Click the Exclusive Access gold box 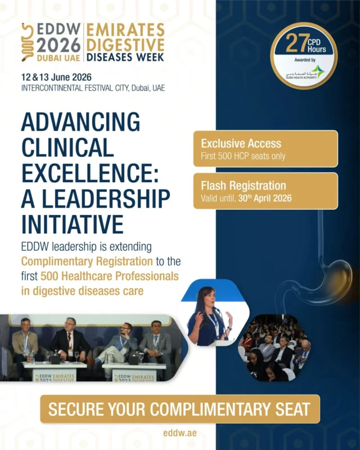(x=265, y=148)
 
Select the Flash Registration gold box (x=265, y=191)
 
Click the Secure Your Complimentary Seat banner (x=180, y=409)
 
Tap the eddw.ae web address (x=180, y=434)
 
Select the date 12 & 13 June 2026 (x=56, y=76)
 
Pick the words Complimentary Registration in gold (x=87, y=262)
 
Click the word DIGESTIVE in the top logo (x=125, y=44)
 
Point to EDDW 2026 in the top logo (x=58, y=38)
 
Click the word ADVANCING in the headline (x=80, y=121)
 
